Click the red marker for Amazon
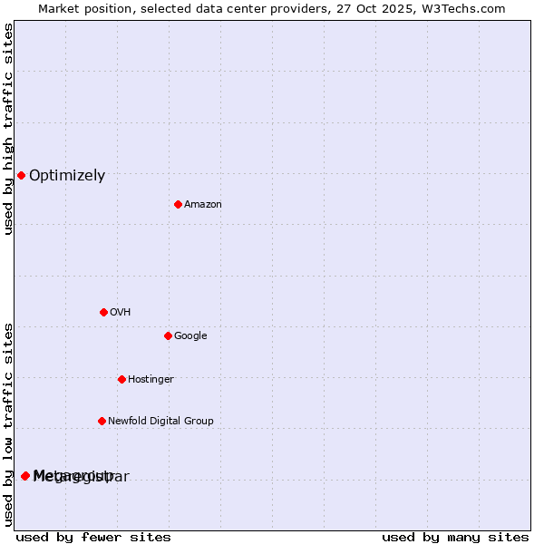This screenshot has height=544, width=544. [x=178, y=204]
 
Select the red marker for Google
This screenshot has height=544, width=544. [x=168, y=335]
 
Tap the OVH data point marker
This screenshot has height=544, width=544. [x=103, y=312]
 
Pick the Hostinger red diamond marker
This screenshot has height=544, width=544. [x=121, y=379]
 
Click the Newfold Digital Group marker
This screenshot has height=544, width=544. [x=102, y=421]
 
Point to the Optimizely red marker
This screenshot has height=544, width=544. [x=21, y=175]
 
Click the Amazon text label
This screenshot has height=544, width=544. [x=203, y=204]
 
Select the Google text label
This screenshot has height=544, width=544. [x=190, y=335]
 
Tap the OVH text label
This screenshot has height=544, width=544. [x=120, y=312]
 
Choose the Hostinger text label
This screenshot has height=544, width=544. [x=151, y=379]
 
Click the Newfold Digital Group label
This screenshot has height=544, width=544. [x=160, y=421]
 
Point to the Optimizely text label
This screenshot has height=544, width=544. [x=67, y=176]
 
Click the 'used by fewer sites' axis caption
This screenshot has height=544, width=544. [x=93, y=537]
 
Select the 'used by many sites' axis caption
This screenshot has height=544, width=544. [x=455, y=537]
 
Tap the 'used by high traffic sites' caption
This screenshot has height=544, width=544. [x=8, y=129]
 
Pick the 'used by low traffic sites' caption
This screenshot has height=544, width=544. [x=8, y=423]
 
